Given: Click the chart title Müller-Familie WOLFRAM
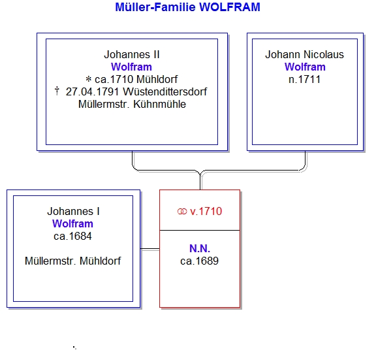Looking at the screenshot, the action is pos(187,7).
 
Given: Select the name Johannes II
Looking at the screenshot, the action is pos(132,54).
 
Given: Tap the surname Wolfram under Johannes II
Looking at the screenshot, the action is pos(131,67).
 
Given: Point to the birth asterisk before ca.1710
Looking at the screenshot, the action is pos(89,79).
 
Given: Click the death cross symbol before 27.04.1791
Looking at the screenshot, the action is pos(57,91).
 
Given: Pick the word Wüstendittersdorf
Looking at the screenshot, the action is pos(165,91).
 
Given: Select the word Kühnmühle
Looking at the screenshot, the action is pos(159,105).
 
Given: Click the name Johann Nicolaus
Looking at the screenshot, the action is pos(305,54).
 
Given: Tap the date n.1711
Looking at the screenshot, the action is pos(305,80).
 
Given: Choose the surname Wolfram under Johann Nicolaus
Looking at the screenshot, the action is pos(305,67).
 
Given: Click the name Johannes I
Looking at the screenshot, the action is pos(73,212).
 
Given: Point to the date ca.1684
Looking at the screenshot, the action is pos(72,237).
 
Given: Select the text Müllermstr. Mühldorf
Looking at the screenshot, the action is pos(73,261).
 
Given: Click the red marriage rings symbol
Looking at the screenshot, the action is pos(182,212).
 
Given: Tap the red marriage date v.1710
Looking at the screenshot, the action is pos(206,212).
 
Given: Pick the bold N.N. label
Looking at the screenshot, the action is pos(200,249).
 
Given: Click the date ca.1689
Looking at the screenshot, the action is pos(200,261).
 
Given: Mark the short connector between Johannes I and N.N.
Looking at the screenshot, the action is pos(150,249).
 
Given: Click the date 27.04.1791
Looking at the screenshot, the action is pos(92,91).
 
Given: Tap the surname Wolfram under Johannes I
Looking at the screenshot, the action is pos(72,224).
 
